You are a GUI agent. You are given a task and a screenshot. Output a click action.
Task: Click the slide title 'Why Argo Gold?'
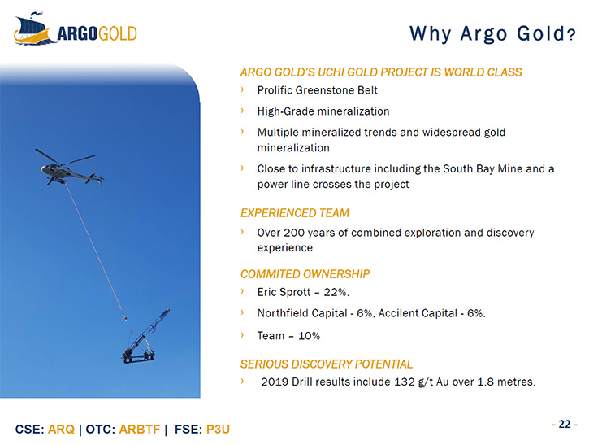[492, 34]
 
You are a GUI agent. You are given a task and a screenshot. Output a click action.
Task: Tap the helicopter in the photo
[69, 168]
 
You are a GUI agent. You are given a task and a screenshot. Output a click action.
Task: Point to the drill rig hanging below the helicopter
[145, 338]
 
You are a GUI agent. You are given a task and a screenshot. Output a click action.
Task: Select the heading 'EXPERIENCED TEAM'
[295, 213]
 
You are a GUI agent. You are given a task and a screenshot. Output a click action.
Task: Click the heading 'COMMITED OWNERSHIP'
[305, 274]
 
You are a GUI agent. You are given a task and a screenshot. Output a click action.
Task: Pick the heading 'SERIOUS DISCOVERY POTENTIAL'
[327, 364]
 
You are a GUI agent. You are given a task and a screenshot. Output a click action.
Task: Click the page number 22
[565, 424]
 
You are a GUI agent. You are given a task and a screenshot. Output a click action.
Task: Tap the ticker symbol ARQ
[61, 430]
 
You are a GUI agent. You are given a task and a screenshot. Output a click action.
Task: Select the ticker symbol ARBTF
[140, 430]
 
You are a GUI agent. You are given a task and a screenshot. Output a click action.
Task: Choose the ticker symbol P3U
[218, 430]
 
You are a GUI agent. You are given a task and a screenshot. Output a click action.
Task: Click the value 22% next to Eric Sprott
[336, 292]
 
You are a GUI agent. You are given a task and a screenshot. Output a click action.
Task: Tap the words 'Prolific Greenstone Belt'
[318, 90]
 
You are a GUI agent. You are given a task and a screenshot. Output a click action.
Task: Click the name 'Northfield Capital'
[302, 313]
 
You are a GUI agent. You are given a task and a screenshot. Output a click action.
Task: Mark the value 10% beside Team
[310, 336]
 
